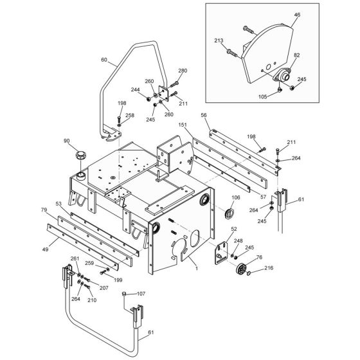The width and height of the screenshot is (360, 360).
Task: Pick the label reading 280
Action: click(x=183, y=71)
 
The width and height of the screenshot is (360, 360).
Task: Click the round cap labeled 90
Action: click(x=81, y=156)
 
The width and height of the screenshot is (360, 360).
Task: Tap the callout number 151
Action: click(x=183, y=125)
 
